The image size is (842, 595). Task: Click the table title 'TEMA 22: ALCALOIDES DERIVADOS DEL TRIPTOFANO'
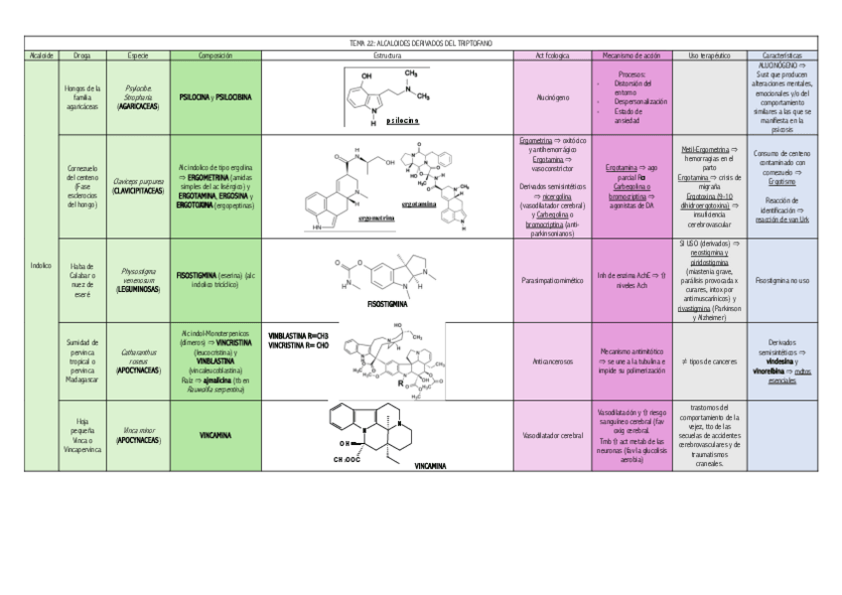tap(420, 43)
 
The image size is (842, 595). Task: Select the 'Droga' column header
tap(82, 55)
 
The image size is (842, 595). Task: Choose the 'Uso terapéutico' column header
tap(709, 55)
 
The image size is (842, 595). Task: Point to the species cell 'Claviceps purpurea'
tap(138, 186)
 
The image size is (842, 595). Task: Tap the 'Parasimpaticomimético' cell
tap(552, 280)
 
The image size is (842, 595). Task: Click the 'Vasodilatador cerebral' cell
tap(552, 436)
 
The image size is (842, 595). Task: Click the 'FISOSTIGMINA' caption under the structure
tap(389, 304)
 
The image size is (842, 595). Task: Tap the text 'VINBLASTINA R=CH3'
tap(299, 341)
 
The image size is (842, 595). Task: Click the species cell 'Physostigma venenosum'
tap(138, 278)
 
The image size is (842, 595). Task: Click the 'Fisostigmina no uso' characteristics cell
tap(789, 280)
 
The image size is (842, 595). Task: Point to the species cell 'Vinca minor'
tap(138, 434)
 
